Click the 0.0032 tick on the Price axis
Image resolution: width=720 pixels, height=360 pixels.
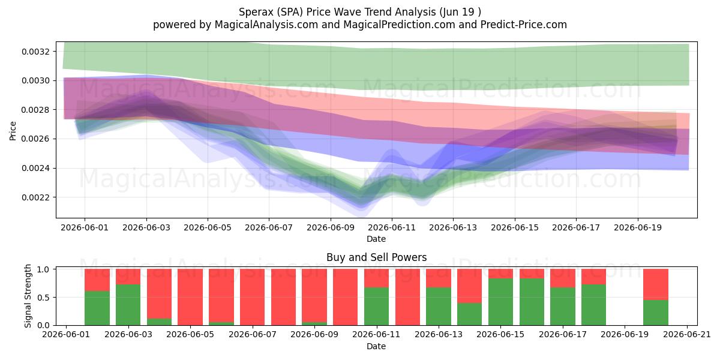point(35,52)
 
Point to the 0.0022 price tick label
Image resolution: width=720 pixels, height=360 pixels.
point(35,197)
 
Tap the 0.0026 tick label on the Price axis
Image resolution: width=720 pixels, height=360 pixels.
point(35,139)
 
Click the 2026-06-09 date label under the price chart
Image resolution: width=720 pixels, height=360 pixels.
point(331,227)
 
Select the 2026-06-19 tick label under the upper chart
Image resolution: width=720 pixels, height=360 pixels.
point(638,227)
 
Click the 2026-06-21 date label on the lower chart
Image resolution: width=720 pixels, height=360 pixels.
point(687,335)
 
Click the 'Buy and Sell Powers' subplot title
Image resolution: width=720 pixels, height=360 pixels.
point(376,257)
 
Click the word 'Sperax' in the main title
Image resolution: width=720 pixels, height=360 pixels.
point(254,12)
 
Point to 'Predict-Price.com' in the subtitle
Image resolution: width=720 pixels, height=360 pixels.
point(524,25)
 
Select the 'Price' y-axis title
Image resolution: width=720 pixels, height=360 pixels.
point(13,131)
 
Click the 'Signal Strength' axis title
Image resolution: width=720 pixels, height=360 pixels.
point(28,296)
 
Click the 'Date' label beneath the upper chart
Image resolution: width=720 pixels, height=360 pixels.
point(376,239)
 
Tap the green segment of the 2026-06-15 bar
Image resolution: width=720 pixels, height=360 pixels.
point(500,302)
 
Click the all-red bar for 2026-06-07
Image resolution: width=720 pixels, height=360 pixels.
point(253,297)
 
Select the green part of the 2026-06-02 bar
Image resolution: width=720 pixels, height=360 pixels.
point(97,308)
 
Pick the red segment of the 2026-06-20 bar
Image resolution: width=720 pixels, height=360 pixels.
point(656,284)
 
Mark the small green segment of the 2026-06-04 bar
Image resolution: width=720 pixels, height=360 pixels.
point(159,322)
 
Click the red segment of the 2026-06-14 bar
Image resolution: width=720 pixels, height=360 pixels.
point(470,286)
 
